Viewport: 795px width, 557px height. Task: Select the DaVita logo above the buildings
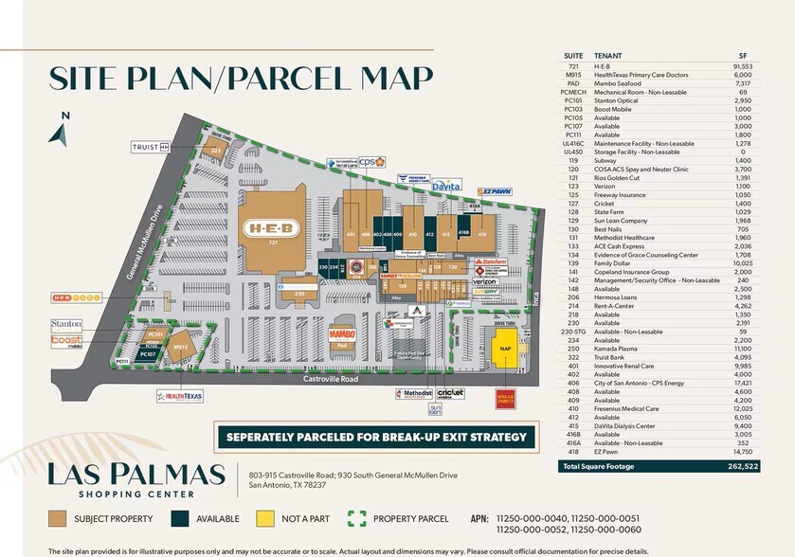[445, 187]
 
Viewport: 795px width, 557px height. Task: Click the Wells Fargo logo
[505, 395]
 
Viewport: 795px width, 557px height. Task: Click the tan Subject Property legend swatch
[58, 517]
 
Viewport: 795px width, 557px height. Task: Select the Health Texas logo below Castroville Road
[180, 396]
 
